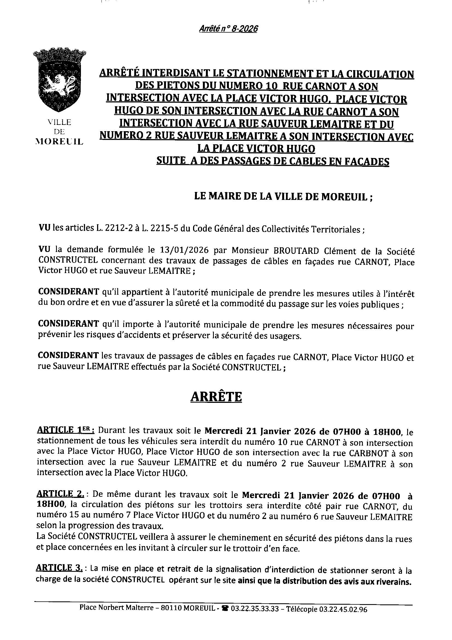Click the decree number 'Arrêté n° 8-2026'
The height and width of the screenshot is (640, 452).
click(228, 29)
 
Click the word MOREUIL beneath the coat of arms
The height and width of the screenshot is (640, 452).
click(59, 142)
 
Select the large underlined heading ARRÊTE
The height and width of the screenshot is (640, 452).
click(216, 396)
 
